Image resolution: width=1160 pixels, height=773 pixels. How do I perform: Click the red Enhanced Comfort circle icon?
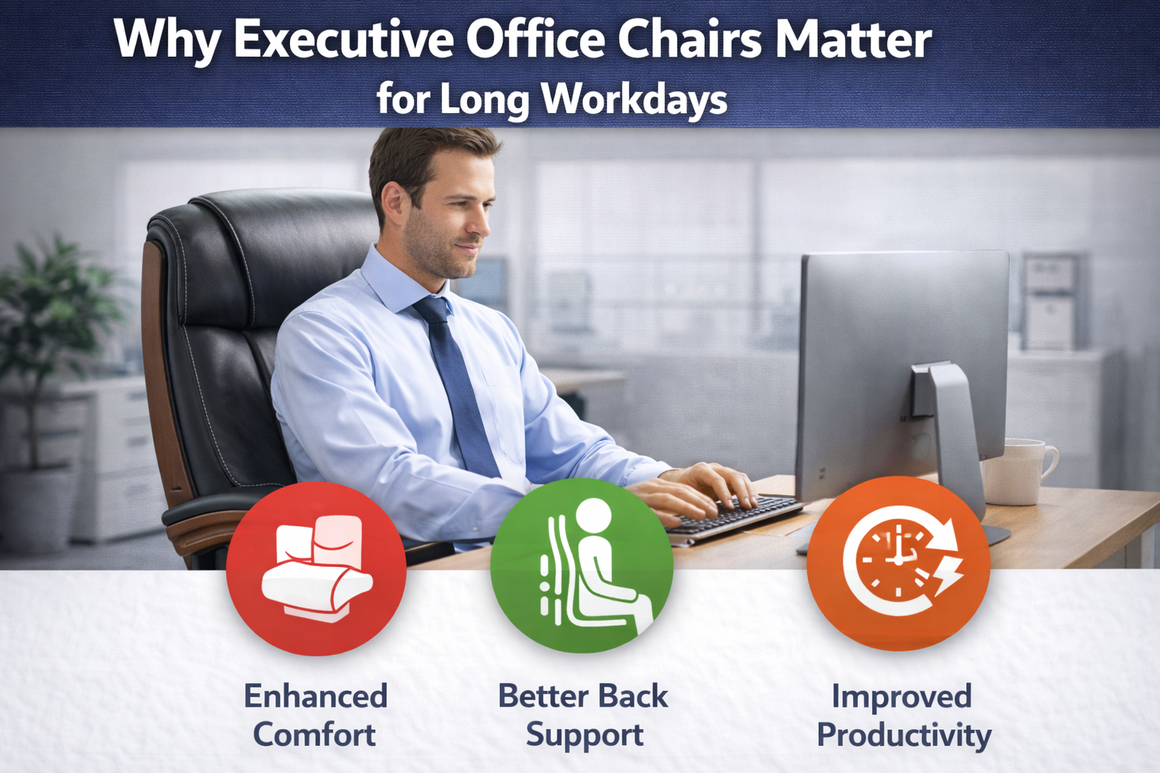click(316, 568)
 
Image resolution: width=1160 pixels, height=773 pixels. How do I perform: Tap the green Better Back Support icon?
click(582, 565)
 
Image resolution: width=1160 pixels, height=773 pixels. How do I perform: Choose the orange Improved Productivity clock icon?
click(899, 563)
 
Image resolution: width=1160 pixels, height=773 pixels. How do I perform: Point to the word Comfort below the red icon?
click(314, 735)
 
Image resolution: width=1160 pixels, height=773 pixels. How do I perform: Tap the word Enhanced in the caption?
click(316, 695)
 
